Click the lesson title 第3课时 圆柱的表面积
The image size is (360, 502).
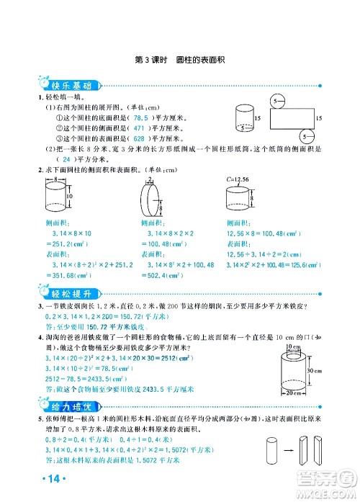click(179, 60)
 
